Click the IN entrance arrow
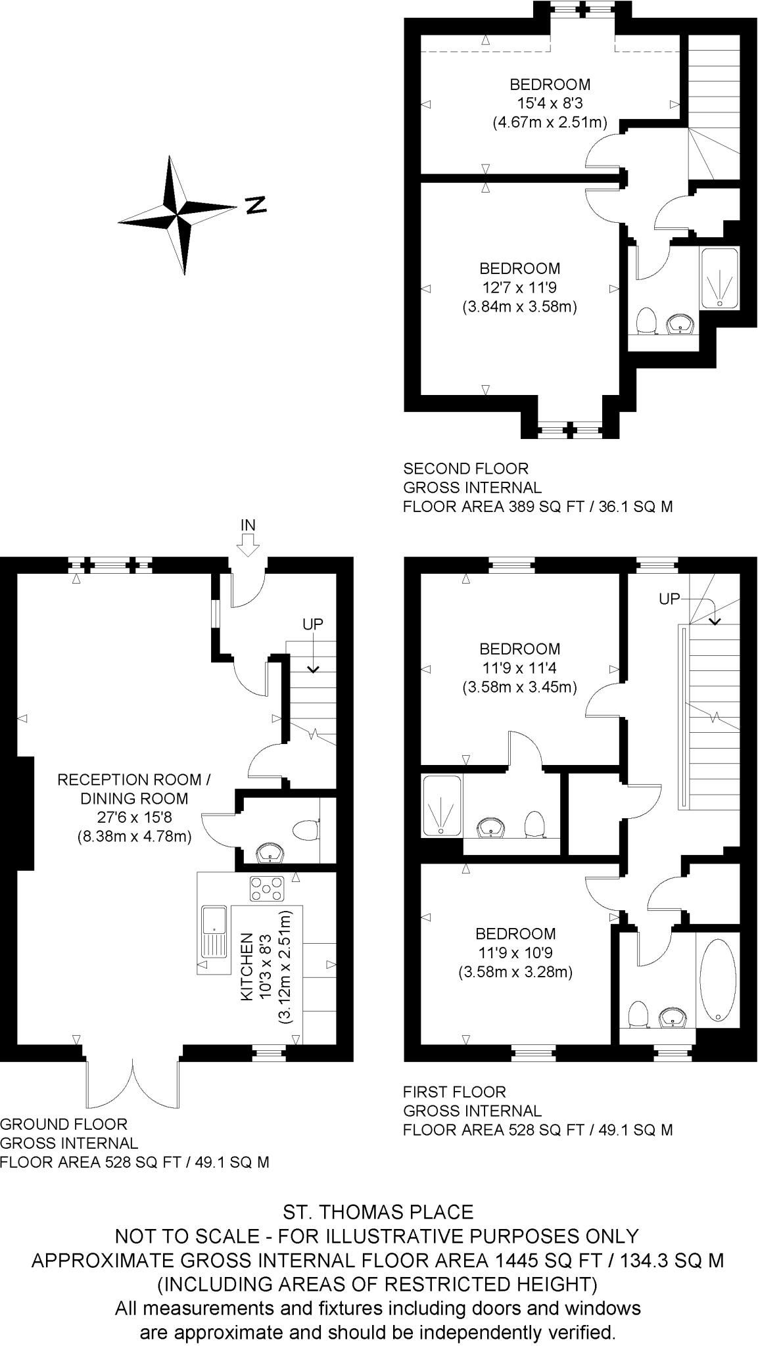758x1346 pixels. pyautogui.click(x=248, y=545)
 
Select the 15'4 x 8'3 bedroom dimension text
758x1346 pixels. pyautogui.click(x=550, y=103)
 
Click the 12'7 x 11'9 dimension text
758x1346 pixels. pyautogui.click(x=519, y=287)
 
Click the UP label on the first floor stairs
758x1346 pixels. pyautogui.click(x=669, y=599)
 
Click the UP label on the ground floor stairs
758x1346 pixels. pyautogui.click(x=313, y=624)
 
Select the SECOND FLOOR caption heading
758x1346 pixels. pyautogui.click(x=465, y=469)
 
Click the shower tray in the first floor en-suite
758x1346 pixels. pyautogui.click(x=442, y=806)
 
